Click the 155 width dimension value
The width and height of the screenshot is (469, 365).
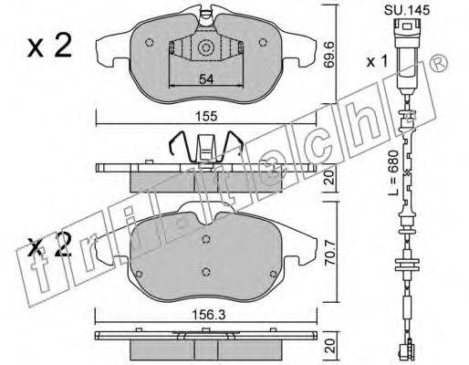(x=206, y=116)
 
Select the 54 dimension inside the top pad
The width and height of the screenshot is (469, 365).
(x=206, y=79)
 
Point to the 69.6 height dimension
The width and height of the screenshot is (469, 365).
(x=329, y=55)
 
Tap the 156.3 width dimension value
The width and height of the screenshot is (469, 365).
(x=208, y=315)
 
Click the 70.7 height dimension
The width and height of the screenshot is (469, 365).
(x=330, y=253)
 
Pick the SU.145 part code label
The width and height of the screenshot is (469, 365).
(x=407, y=10)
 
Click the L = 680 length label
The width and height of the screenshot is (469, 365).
(x=393, y=172)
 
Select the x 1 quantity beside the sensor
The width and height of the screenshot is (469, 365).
(x=377, y=62)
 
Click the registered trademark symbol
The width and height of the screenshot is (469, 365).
(x=439, y=64)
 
